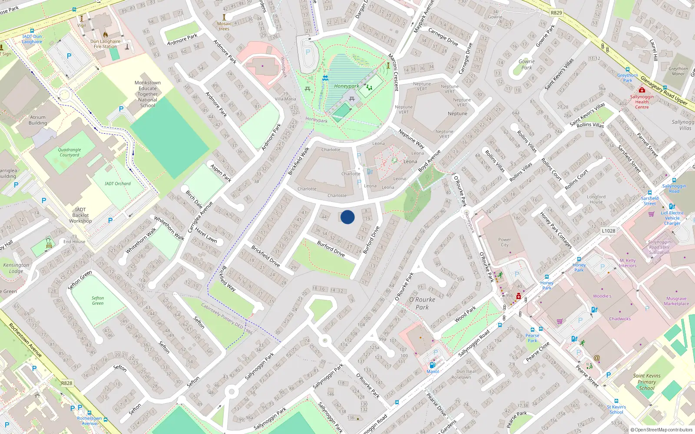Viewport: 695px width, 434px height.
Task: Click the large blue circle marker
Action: click(347, 217)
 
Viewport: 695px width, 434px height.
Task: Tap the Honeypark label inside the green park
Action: click(346, 86)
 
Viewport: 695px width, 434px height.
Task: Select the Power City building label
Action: click(504, 242)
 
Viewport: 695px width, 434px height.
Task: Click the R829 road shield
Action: click(556, 13)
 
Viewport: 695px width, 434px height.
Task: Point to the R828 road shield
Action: click(66, 383)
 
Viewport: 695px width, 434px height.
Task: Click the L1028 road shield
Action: click(608, 231)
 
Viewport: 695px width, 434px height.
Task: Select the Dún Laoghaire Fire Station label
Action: click(105, 44)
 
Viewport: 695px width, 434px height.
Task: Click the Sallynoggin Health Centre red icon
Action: click(642, 90)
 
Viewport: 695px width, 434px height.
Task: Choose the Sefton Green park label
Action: click(98, 300)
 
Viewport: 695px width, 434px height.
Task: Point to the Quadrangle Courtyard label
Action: click(69, 152)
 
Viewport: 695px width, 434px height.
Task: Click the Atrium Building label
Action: click(38, 120)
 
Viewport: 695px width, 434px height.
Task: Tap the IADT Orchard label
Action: click(117, 184)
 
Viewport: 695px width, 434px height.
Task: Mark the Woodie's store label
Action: click(602, 296)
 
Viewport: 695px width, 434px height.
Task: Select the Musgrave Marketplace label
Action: click(676, 301)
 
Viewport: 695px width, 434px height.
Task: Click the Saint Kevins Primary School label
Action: click(646, 382)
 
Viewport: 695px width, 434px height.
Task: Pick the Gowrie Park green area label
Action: click(526, 64)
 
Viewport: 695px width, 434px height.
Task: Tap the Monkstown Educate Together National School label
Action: click(148, 94)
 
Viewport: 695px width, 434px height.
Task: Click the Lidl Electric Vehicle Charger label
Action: click(672, 218)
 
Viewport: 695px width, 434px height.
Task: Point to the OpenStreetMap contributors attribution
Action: click(661, 430)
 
